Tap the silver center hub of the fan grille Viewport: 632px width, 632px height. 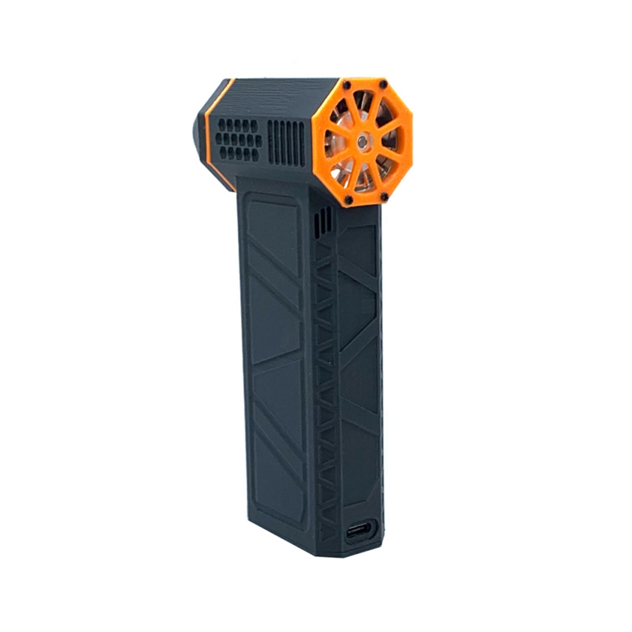coord(362,142)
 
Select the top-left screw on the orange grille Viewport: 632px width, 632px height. coord(347,86)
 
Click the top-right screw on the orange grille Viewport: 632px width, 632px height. coord(383,84)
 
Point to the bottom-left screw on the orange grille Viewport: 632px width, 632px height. coord(349,200)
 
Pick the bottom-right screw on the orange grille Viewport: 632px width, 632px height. coord(384,197)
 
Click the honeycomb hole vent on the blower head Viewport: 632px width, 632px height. coord(238,139)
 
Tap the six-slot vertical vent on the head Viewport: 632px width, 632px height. coord(286,142)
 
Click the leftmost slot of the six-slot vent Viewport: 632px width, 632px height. coord(270,142)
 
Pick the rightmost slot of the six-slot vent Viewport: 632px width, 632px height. coord(303,143)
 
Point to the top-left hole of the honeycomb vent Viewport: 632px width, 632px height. coord(222,123)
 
